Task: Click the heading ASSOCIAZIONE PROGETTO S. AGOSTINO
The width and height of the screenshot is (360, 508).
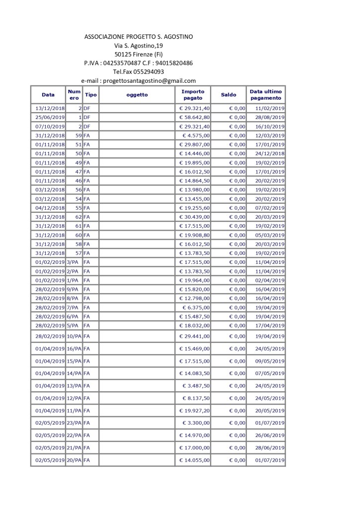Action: (x=139, y=37)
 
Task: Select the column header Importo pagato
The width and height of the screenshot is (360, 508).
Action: (x=193, y=94)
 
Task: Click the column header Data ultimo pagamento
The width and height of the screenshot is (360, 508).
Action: (x=266, y=94)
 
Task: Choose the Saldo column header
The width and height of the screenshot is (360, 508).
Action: (x=228, y=94)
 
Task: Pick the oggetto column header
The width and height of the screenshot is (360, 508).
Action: (x=137, y=94)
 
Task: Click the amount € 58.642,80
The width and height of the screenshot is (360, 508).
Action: (x=195, y=117)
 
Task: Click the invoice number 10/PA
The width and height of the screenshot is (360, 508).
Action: (x=74, y=336)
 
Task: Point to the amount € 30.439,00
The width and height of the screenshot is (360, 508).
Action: (x=195, y=217)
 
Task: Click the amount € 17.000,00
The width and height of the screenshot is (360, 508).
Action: (x=195, y=448)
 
